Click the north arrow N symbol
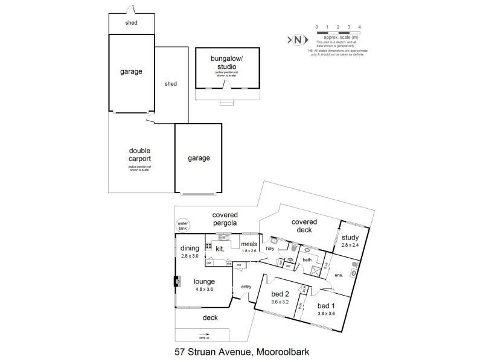[298, 40]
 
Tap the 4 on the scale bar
[360, 27]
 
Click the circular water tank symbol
[182, 226]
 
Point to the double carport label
[139, 154]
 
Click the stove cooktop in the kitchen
[209, 246]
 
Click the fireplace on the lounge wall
[177, 281]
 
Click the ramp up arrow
[194, 338]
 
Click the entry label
[246, 287]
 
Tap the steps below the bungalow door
[226, 102]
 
